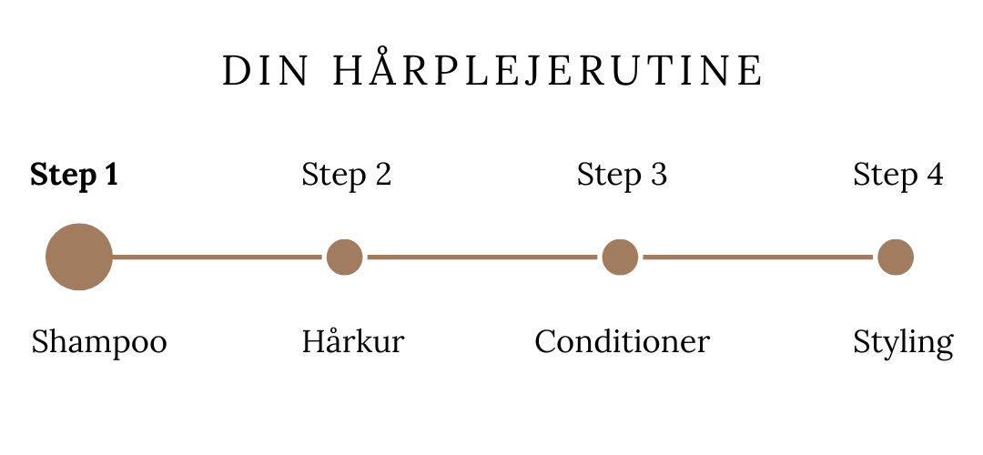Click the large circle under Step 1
(79, 257)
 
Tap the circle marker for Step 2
(345, 257)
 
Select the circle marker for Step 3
(620, 257)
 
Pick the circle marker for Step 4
(896, 257)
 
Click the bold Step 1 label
(74, 175)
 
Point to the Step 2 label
(346, 175)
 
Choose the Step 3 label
(622, 175)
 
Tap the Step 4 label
(897, 175)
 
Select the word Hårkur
(353, 340)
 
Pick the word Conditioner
(622, 342)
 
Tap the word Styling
(903, 344)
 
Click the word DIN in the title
(265, 70)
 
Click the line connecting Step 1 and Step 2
(217, 257)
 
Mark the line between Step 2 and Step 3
(482, 257)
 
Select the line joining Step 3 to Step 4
(758, 257)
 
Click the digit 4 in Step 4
(934, 174)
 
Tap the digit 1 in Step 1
(112, 174)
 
